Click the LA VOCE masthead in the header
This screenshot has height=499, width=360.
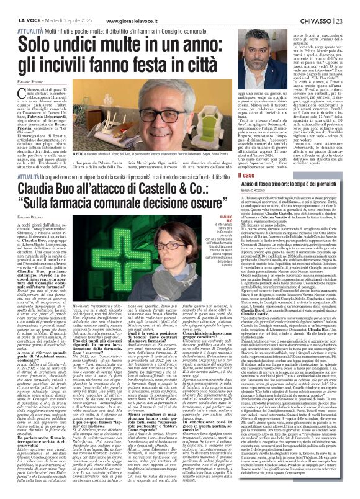(x=17, y=5)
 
